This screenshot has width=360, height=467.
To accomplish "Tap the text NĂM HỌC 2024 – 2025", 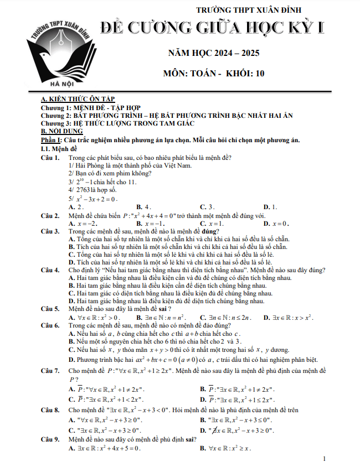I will [x=213, y=54].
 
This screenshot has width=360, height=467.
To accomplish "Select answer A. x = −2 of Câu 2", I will [x=80, y=223].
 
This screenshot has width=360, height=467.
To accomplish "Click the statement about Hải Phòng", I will [x=130, y=165].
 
